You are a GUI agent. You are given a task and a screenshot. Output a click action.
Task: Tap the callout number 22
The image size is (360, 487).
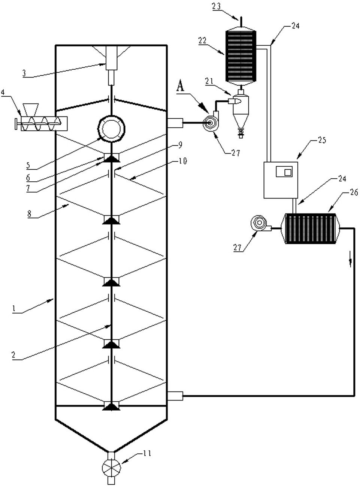[203, 40]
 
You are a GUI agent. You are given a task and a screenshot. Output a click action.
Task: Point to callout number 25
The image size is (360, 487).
[322, 140]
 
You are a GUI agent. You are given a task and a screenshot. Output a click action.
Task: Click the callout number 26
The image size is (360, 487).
[354, 192]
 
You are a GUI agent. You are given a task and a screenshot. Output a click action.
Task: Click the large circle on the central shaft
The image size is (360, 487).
[111, 128]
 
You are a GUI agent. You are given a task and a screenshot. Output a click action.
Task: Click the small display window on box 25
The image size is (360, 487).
[284, 172]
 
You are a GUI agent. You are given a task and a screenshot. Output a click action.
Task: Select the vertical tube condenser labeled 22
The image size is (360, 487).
[241, 56]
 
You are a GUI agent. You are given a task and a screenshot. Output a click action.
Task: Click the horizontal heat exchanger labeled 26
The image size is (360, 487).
[311, 229]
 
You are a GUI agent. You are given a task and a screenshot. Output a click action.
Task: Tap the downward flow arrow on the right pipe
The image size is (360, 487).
[351, 261]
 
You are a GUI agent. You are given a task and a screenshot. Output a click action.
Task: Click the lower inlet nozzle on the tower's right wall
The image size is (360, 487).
[175, 396]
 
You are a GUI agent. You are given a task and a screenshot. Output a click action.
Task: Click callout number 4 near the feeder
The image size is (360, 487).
[3, 91]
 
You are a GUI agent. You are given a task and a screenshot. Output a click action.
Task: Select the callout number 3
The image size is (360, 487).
[24, 73]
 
